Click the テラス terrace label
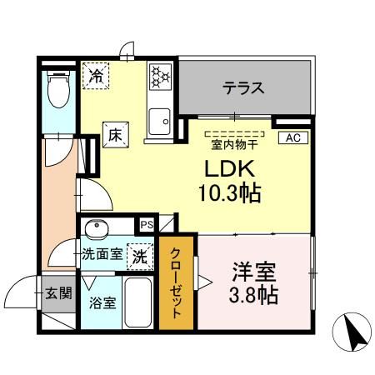coord(243,87)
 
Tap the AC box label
coord(292,138)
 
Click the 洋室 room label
coord(254,272)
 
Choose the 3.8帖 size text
coord(254,295)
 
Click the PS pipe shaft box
coord(147,224)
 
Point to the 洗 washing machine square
coord(141,257)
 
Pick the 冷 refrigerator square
coord(97,76)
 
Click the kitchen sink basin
coord(158,122)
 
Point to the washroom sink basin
coord(97,227)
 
